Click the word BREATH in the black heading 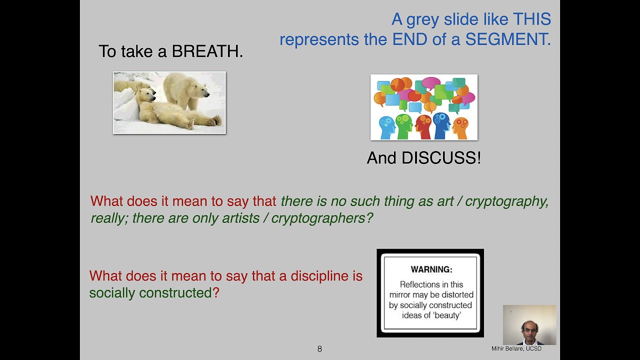coord(207,51)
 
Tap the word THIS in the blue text coord(531,19)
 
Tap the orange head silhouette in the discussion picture coord(460,127)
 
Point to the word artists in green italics coord(237,218)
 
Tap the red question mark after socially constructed coord(216,293)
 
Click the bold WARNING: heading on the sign coord(431,269)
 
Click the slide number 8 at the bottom coord(319,349)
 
